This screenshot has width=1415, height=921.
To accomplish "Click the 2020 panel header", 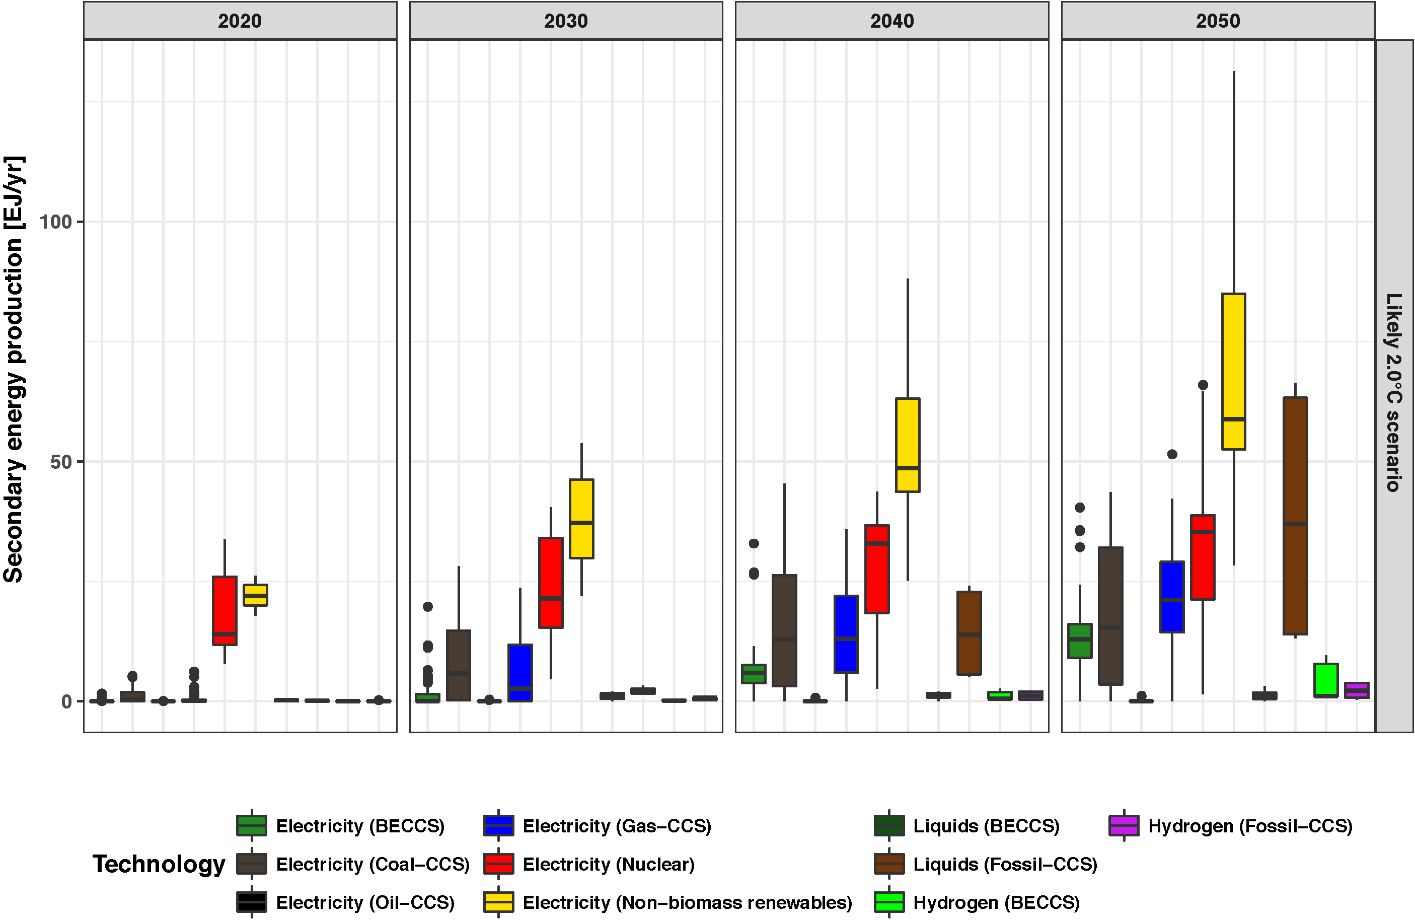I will pos(240,21).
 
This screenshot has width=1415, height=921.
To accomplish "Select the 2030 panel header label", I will pos(565,21).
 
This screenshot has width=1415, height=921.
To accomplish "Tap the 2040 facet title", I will pos(892,21).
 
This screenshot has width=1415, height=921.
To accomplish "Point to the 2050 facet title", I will pos(1218,21).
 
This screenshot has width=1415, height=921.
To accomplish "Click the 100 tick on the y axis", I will pos(55,222).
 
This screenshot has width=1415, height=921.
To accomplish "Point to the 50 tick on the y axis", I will pos(60,462).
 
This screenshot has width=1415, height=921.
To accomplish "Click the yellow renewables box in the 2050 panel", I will pos(1234,372).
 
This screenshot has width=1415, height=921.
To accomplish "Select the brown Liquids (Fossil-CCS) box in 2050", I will pos(1295,516).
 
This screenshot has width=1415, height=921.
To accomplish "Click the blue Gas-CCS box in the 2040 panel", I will pos(846,634).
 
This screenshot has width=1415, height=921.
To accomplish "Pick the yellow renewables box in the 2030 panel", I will pos(581,519).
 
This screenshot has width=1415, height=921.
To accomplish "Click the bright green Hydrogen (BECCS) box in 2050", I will pos(1326,680).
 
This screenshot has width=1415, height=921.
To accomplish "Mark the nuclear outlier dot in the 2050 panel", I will pos(1203,385).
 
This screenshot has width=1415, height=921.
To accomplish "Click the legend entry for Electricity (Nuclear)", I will pos(608,864).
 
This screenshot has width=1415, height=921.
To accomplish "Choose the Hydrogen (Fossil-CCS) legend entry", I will pos(1250,826).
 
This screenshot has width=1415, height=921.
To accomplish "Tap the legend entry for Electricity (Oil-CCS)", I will pos(364,902).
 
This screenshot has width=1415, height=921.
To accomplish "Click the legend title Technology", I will pos(159,864).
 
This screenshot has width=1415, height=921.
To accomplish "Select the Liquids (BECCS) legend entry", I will pos(986,826).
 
